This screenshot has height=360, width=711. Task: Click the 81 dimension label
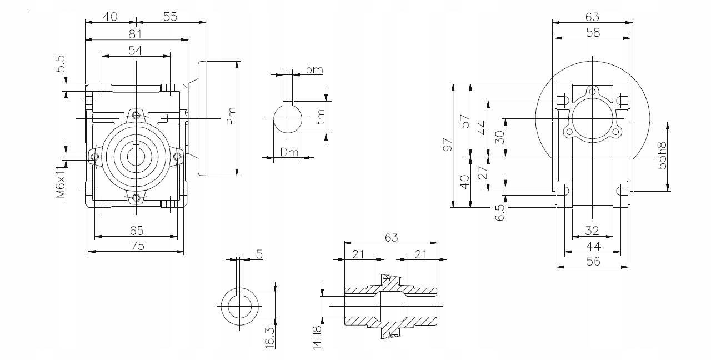[135, 34]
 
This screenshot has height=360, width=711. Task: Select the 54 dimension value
[135, 50]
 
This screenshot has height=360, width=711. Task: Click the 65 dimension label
[137, 230]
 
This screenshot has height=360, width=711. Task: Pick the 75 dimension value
[137, 246]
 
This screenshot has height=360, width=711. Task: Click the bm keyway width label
[314, 70]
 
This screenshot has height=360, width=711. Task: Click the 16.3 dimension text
[269, 337]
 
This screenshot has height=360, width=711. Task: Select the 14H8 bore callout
[317, 337]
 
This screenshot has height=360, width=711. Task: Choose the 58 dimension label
[593, 32]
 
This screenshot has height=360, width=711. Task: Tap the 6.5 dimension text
[500, 212]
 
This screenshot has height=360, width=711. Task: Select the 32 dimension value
[593, 230]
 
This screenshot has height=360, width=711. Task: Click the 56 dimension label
[593, 261]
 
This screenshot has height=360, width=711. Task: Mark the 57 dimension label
[465, 121]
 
